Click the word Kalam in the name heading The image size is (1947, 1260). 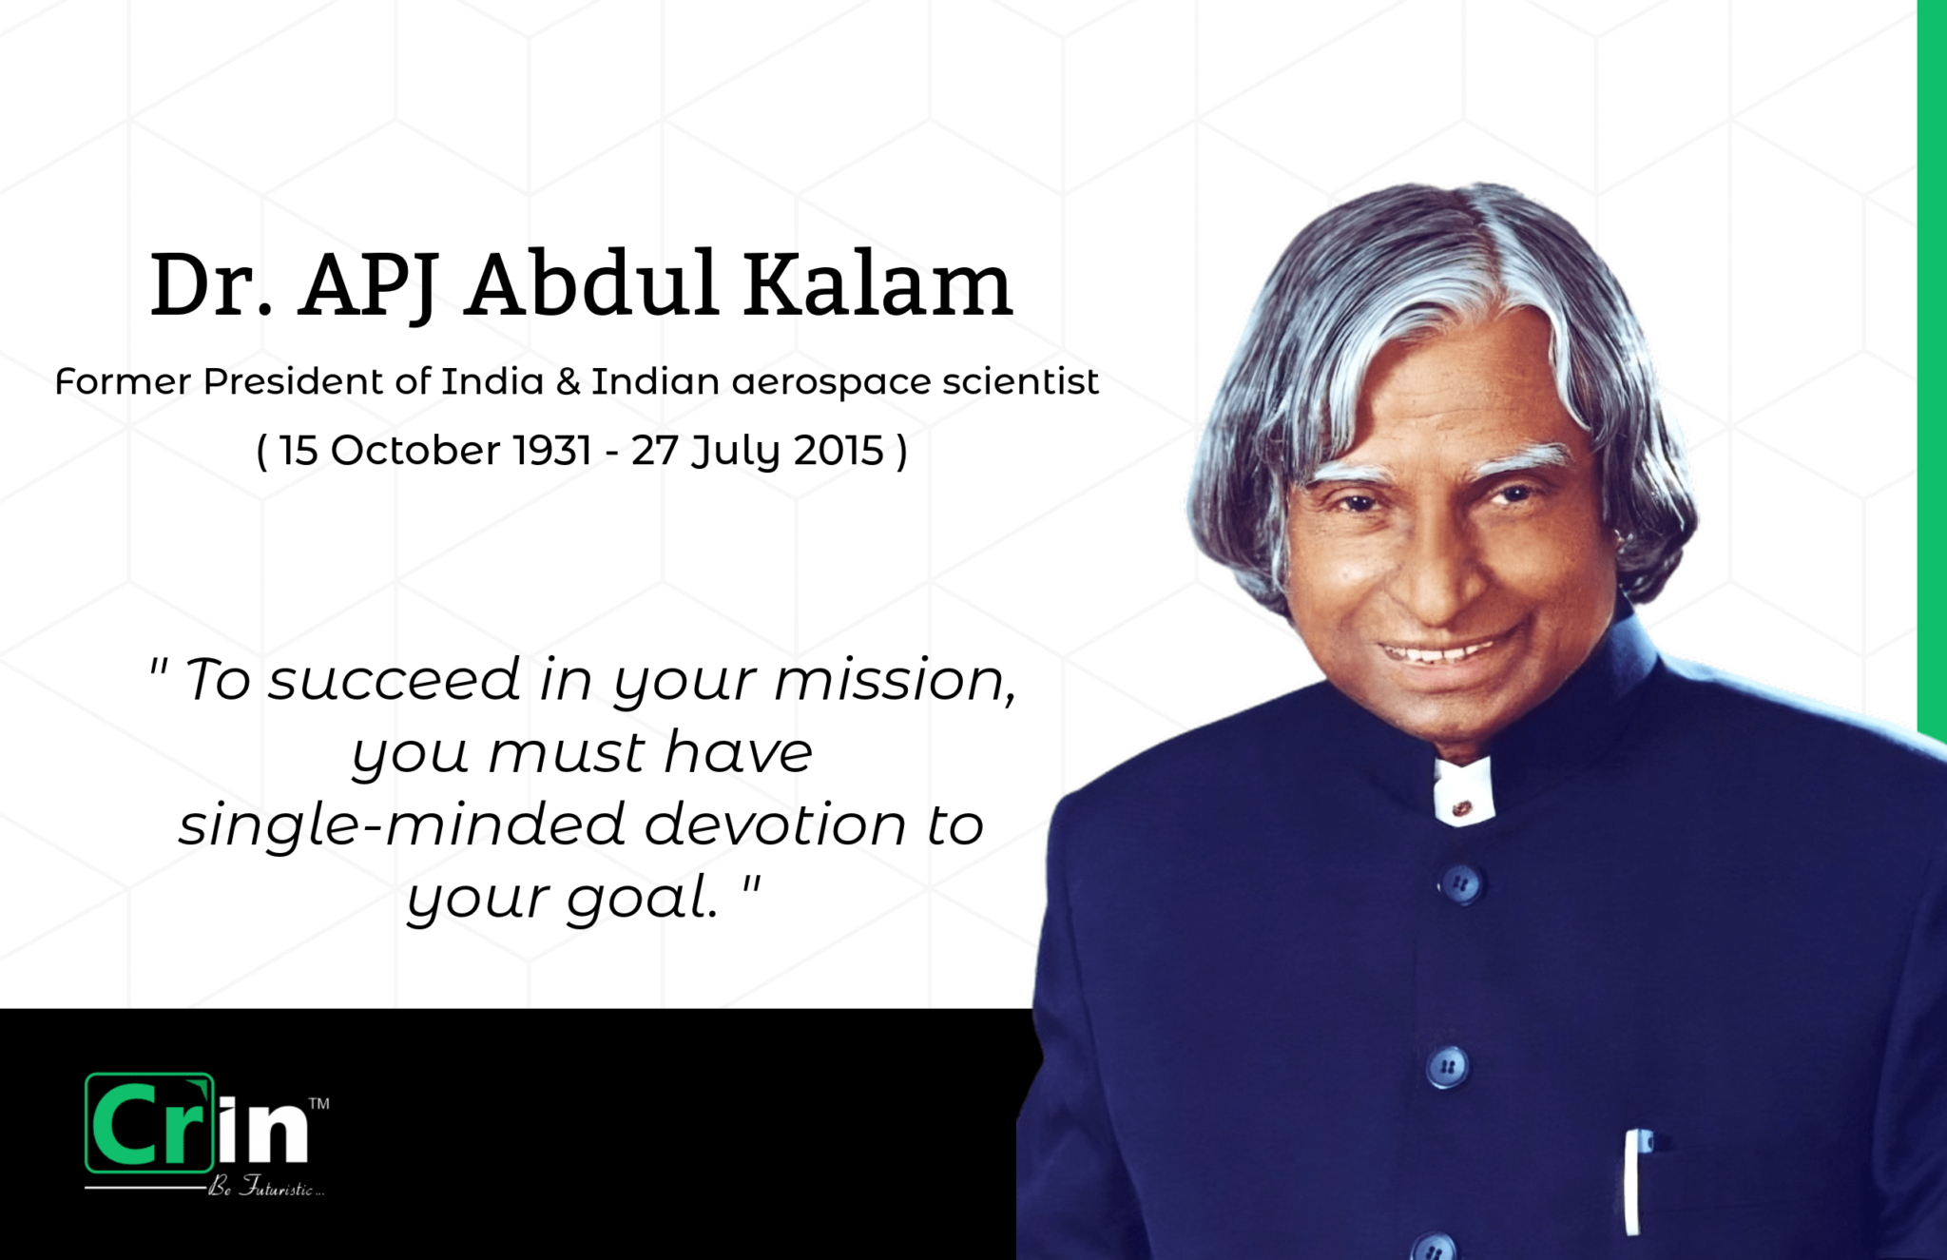click(x=877, y=284)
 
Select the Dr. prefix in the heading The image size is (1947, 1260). click(x=211, y=284)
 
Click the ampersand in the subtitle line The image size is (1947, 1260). click(x=568, y=381)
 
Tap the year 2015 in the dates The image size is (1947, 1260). click(x=839, y=450)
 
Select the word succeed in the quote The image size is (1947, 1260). click(x=394, y=679)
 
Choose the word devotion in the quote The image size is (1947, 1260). click(x=775, y=824)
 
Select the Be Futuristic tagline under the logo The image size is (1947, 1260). click(x=267, y=1189)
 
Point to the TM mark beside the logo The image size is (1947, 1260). click(x=319, y=1104)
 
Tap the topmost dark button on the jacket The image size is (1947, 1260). click(x=1459, y=884)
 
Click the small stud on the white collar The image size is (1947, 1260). click(x=1462, y=808)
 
